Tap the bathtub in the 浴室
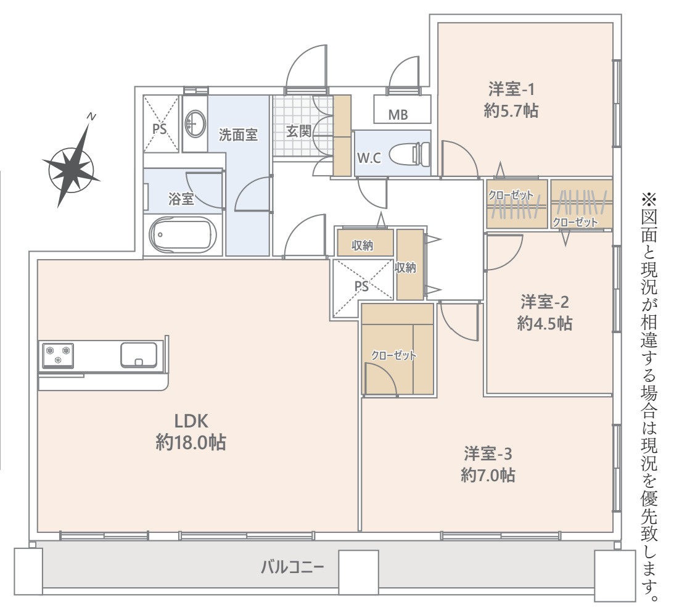coord(183,235)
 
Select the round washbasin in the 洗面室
coord(195,124)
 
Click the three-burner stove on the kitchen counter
coord(57,356)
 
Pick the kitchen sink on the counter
coord(138,355)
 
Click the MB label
coord(398,115)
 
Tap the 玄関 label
coord(298,131)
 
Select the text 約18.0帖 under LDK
coord(191,442)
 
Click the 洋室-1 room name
coord(511,89)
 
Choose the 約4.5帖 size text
coord(545,323)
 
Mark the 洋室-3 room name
coord(488,454)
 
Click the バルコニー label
coord(292,568)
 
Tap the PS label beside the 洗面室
coord(160,129)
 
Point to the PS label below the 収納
coord(361,286)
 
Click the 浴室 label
coord(181,199)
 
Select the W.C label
coord(369,159)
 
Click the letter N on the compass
coord(91,116)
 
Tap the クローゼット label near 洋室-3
coord(393,355)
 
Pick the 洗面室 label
coord(238,135)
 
